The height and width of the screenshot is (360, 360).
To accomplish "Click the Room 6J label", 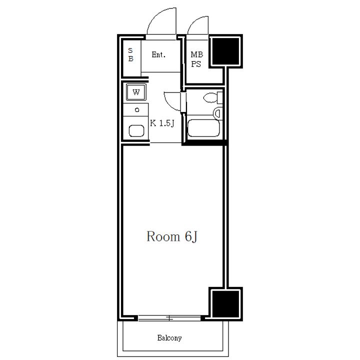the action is pos(172,236).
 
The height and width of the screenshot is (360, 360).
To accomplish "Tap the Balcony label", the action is pos(169,338).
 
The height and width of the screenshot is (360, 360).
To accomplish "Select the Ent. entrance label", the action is pos(158,54).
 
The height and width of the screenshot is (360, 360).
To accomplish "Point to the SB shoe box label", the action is pos(130,54).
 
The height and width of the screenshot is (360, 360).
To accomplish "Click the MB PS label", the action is pos(197,59).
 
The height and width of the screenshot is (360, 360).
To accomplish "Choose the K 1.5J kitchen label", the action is pos(162,123).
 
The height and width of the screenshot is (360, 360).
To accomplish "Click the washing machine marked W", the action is pos(136,92).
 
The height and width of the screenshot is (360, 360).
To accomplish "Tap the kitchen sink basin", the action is pos(136,131).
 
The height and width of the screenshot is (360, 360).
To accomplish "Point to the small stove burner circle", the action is pos(137,109).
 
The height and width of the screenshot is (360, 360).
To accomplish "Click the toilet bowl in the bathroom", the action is pos(210,98).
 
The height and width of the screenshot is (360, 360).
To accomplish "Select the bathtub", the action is pos(203,128).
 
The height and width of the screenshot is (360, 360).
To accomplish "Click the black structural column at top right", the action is pos(225,51).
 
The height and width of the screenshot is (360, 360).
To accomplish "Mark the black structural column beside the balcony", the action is pos(225,303).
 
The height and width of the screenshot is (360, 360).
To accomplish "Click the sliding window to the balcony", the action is pos(169,318).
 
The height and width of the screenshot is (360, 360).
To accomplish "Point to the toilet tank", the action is pos(220,97).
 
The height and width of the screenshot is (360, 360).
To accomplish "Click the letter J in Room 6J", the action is pos(194,237).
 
